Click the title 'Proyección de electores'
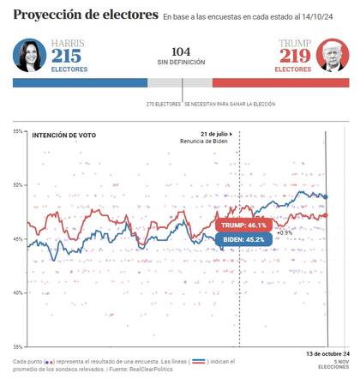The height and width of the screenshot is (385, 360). click(86, 15)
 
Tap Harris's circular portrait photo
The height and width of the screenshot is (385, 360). click(29, 55)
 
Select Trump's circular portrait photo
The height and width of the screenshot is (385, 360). click(333, 55)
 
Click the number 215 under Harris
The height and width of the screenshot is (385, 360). click(66, 57)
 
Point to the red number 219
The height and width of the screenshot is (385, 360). click(292, 57)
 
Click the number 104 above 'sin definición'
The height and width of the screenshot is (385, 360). click(181, 51)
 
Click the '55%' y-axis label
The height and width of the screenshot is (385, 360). click(18, 131)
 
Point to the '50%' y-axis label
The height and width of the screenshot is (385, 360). click(18, 185)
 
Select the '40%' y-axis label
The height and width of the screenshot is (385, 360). click(18, 293)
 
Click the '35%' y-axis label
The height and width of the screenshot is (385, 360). click(18, 346)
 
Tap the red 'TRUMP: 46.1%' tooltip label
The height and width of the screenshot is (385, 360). click(244, 226)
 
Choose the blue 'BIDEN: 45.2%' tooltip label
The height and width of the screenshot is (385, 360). click(243, 239)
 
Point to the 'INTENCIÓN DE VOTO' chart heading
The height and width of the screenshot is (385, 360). click(63, 135)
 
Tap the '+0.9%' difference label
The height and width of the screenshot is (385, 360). click(284, 232)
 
